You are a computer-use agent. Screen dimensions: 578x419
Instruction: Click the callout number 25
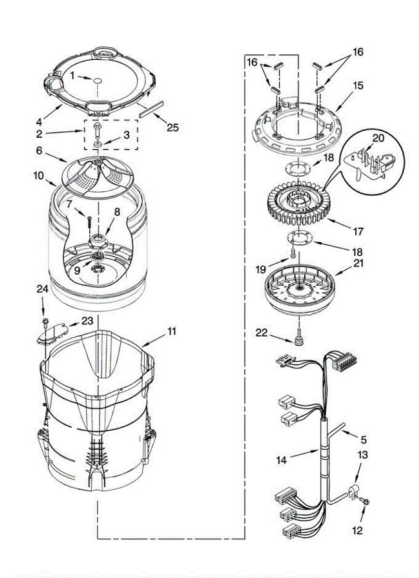173,127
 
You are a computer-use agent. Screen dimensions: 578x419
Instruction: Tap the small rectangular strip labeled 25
149,113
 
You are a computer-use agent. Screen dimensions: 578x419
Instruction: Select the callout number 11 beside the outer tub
172,331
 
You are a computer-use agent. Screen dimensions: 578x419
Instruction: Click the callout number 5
363,439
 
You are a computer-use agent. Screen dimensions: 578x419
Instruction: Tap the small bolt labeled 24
45,321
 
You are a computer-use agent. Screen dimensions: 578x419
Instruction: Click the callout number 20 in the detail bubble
378,139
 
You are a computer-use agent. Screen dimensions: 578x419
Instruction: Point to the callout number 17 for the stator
358,231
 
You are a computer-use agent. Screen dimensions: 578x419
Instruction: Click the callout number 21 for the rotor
359,263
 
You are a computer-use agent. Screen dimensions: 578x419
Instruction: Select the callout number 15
357,86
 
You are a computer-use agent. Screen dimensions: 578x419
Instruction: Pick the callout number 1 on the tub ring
72,76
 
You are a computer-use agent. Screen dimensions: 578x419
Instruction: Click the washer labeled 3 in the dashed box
98,144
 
